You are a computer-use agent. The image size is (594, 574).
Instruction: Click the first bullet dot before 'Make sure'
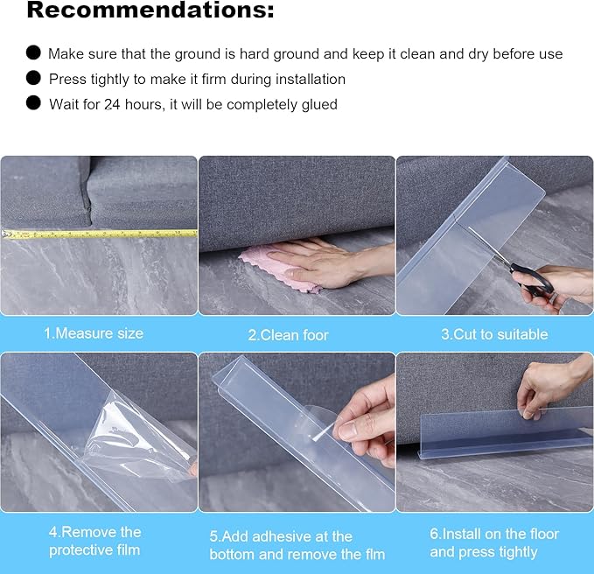point(33,52)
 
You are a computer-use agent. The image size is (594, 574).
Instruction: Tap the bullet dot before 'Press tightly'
point(33,78)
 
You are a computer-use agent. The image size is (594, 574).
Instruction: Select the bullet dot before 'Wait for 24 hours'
point(33,103)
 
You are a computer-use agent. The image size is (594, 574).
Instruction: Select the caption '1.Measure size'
point(94,333)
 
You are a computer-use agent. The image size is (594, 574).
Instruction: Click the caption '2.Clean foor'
point(289,334)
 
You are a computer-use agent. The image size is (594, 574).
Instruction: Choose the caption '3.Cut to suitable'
point(494,334)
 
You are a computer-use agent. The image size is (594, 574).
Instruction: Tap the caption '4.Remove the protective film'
point(94,541)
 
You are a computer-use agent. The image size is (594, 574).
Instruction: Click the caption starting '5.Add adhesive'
point(297,544)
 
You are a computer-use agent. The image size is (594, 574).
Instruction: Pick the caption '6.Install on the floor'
point(494,542)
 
